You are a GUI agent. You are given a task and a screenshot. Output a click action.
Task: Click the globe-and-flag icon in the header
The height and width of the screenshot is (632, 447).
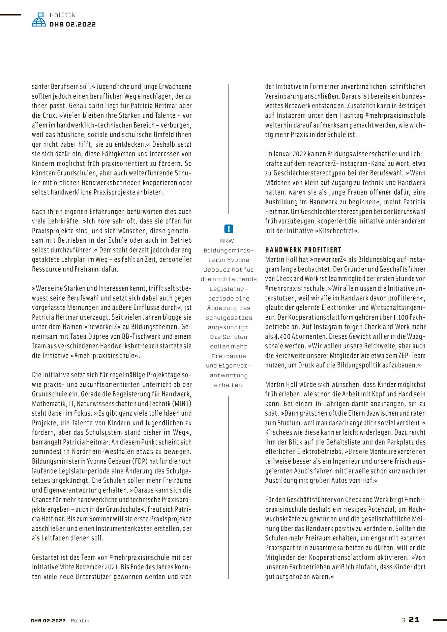click(39, 20)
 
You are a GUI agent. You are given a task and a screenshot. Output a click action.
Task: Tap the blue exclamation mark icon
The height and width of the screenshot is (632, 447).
click(229, 229)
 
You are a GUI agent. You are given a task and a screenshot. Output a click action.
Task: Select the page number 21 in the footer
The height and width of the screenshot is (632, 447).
click(414, 620)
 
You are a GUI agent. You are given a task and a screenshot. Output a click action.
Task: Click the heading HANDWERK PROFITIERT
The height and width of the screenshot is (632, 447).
click(303, 250)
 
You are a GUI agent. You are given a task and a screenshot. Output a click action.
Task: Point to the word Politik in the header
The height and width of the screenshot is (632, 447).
click(62, 15)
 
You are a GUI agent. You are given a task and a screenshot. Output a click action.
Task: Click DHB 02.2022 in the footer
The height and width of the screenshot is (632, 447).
click(48, 621)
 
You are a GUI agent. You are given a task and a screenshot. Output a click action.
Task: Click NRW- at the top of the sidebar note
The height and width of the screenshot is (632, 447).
click(229, 241)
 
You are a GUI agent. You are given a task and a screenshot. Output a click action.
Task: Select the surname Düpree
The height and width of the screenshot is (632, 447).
click(98, 336)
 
